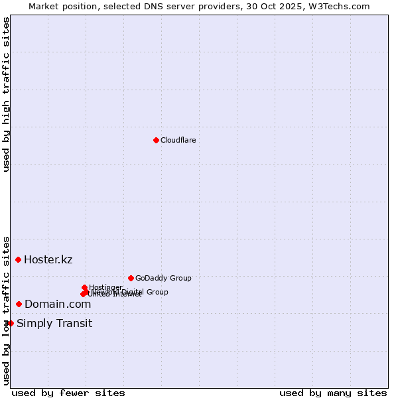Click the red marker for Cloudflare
(x=156, y=140)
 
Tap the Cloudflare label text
(x=178, y=140)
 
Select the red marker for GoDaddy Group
(x=131, y=278)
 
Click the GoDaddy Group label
(x=163, y=278)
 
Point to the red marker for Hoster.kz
(x=18, y=259)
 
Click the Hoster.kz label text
(x=48, y=259)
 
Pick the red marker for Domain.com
(x=19, y=304)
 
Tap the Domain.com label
(x=58, y=304)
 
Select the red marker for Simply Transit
(x=11, y=323)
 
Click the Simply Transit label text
(x=54, y=324)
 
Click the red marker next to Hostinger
(x=84, y=287)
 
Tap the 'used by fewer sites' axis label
(x=68, y=393)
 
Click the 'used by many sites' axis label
(x=333, y=393)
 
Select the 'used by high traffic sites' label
(x=6, y=94)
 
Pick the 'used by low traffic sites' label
(x=6, y=310)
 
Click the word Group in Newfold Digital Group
(x=157, y=292)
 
